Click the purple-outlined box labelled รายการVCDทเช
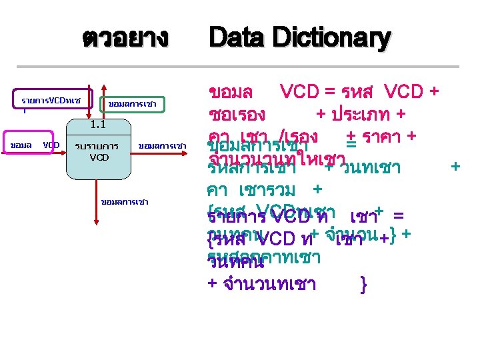point(51,101)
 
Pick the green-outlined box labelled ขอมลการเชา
point(132,104)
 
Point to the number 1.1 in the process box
point(98,125)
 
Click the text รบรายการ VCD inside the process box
point(97,151)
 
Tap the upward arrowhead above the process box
point(103,89)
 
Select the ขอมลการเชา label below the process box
point(124,201)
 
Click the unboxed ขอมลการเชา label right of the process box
point(162,145)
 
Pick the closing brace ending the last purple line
point(363,285)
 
